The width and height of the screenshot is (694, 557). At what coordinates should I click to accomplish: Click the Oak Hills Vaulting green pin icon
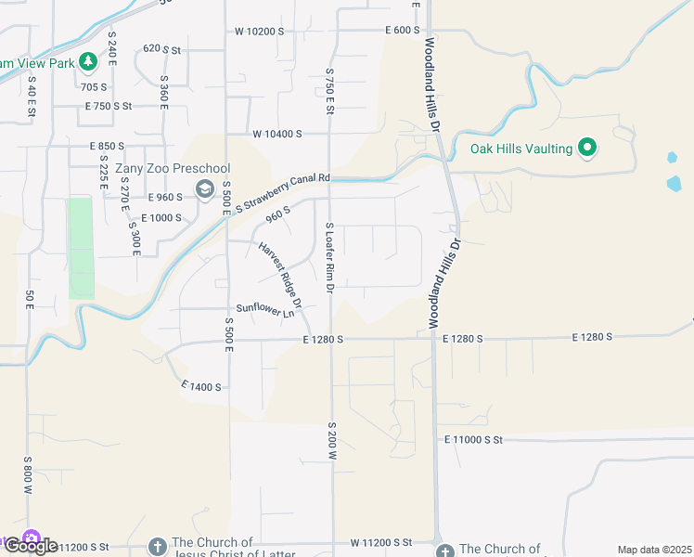[x=586, y=148]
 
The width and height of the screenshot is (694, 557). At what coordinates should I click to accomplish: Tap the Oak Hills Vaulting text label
[x=520, y=148]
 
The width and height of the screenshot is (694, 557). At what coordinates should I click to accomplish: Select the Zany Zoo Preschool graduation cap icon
[x=204, y=189]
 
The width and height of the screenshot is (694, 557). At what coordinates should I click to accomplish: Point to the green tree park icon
[x=87, y=62]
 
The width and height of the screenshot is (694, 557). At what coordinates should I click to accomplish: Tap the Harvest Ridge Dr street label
[x=280, y=276]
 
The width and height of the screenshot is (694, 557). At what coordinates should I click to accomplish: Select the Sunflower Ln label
[x=264, y=310]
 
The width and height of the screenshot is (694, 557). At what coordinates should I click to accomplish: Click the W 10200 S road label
[x=259, y=31]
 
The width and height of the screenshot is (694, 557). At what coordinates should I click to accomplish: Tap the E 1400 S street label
[x=201, y=385]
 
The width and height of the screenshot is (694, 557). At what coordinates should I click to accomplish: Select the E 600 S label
[x=404, y=31]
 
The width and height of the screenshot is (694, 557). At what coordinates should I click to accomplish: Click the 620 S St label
[x=161, y=48]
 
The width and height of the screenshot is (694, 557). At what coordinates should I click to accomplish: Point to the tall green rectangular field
[x=81, y=248]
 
